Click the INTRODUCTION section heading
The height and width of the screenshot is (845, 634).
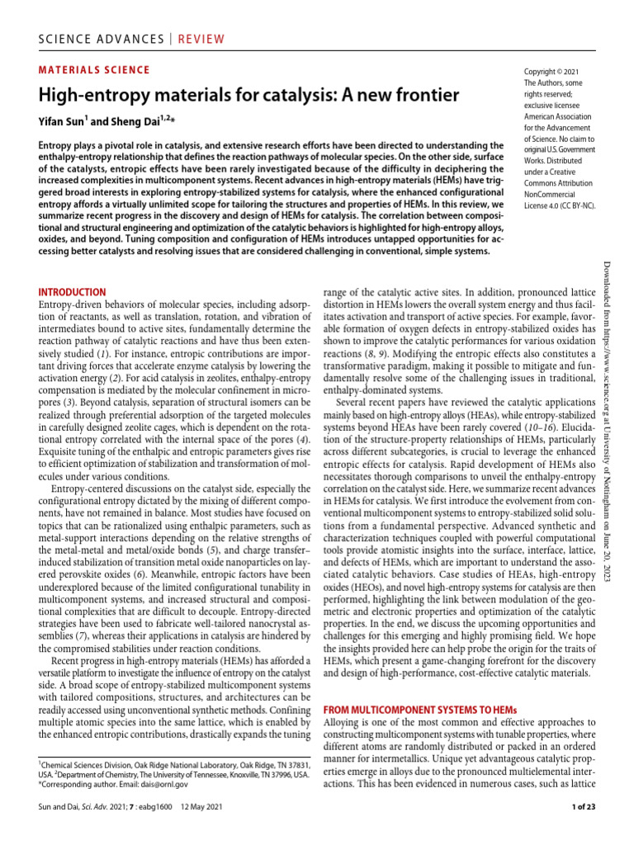point(73,291)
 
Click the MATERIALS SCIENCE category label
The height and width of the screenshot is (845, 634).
point(95,70)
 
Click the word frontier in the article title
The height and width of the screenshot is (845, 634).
point(419,96)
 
